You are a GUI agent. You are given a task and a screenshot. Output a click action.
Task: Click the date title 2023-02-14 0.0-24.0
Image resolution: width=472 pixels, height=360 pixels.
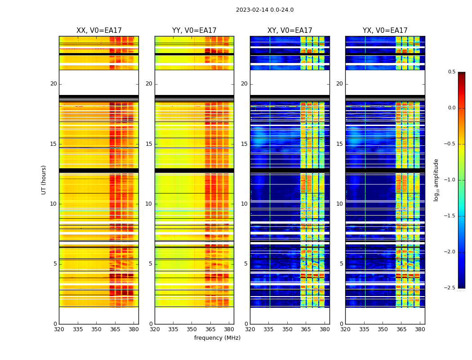[264, 10]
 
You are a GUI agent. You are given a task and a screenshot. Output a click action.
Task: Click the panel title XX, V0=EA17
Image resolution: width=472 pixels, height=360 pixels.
[99, 31]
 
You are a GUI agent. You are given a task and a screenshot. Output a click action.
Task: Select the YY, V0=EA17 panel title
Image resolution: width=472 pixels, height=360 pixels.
[194, 31]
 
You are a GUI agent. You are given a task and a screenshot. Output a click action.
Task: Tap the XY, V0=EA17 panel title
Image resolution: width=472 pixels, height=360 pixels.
[289, 31]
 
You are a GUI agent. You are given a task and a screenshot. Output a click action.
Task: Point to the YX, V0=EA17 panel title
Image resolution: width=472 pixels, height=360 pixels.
[385, 31]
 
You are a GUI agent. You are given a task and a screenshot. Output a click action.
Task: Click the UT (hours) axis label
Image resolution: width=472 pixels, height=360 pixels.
[44, 180]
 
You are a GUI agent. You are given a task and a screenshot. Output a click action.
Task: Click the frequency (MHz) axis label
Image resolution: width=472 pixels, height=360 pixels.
[217, 338]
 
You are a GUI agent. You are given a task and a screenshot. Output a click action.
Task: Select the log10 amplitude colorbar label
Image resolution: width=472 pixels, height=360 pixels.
[436, 180]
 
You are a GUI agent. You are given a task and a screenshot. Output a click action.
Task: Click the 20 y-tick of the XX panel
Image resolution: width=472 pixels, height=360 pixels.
[53, 84]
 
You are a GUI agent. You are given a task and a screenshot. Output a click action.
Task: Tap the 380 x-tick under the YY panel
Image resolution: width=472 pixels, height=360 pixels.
[229, 329]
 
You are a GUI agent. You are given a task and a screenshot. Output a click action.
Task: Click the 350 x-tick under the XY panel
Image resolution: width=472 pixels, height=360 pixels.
[287, 329]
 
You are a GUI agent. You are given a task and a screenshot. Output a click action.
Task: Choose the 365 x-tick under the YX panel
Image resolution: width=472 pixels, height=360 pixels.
[401, 329]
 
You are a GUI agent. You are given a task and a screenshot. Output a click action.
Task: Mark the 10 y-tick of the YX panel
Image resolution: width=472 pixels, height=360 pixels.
[339, 204]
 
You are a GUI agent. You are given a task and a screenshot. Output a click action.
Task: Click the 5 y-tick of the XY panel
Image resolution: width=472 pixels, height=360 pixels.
[245, 264]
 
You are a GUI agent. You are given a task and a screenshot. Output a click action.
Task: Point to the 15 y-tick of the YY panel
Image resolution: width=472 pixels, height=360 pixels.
[149, 144]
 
